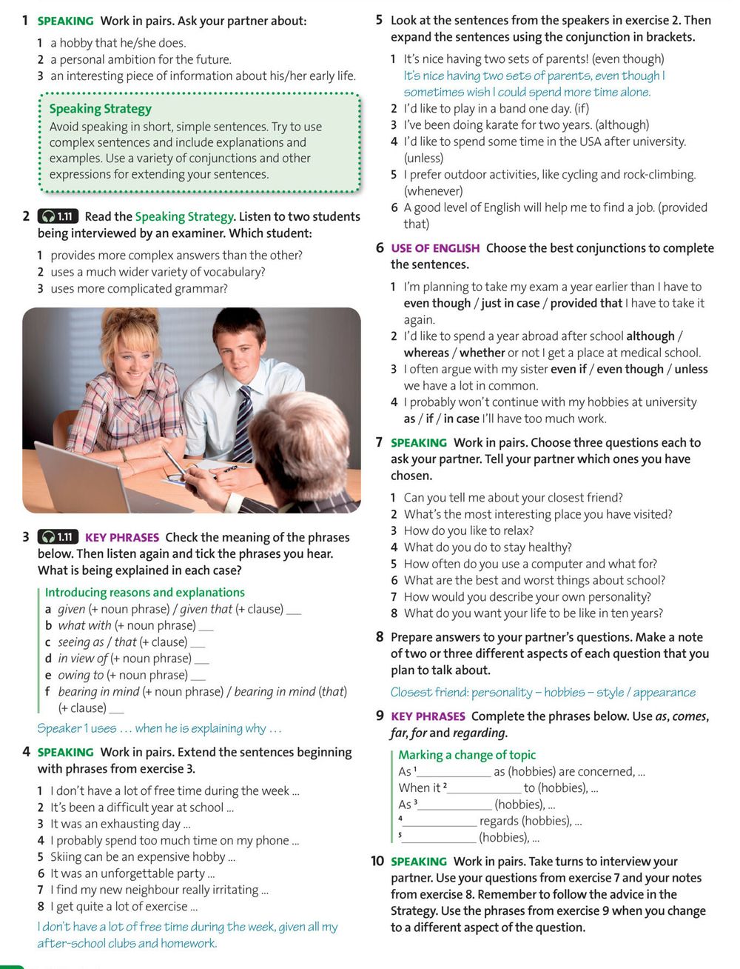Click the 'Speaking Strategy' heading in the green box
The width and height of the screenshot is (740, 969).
click(100, 109)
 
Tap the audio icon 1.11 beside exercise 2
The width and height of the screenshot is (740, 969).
click(58, 216)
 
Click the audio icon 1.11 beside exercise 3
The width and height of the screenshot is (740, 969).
click(58, 537)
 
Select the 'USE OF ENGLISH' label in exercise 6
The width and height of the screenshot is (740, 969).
click(435, 248)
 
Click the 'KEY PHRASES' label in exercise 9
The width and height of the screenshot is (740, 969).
click(428, 716)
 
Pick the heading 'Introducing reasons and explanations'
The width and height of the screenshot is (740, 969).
click(144, 593)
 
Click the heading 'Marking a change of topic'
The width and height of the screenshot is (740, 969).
click(466, 755)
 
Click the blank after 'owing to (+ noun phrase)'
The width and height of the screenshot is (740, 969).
click(198, 676)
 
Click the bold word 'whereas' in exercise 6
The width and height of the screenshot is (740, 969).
click(426, 353)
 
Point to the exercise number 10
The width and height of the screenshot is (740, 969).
click(377, 861)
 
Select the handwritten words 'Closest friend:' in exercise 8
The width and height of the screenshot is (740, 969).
click(428, 693)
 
